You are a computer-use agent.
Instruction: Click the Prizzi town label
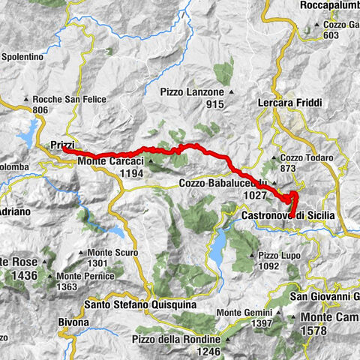coord(64,143)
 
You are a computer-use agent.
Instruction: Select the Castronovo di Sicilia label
coord(289,215)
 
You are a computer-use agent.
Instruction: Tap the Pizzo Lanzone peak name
coord(190,92)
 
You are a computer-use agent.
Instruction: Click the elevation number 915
coord(215,104)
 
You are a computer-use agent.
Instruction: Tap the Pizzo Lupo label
coord(280,254)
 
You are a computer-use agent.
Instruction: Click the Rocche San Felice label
coord(68,100)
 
